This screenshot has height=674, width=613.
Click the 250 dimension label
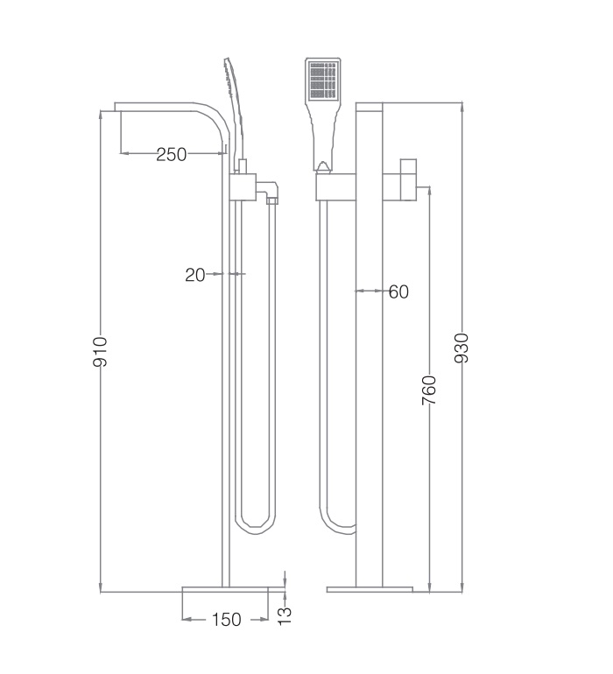(x=172, y=155)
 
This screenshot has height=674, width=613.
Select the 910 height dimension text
(x=100, y=350)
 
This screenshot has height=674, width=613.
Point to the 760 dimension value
(x=429, y=389)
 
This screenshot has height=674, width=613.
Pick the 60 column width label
(x=398, y=291)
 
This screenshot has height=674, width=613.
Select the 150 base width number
(x=225, y=620)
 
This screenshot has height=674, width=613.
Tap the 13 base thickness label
(x=285, y=614)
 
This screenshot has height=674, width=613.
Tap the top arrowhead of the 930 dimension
(x=462, y=107)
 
